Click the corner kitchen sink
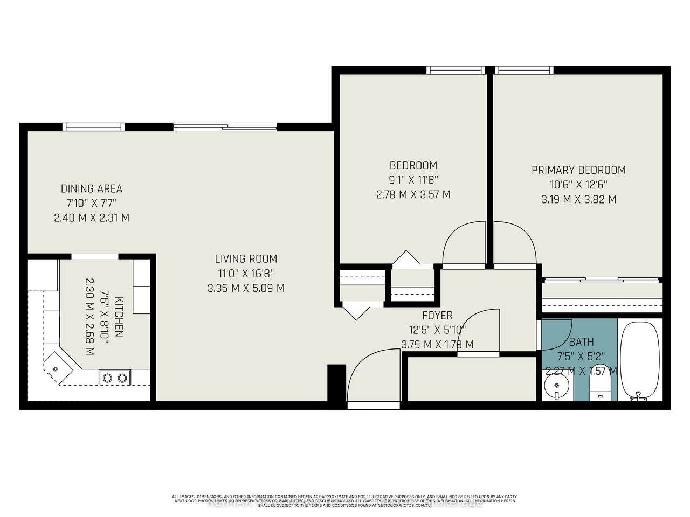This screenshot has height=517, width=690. coord(56,368)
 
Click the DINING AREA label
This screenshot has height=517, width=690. coord(92,188)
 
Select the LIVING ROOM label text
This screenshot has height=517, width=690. coord(246,259)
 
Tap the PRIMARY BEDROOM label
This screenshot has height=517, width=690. coord(578,170)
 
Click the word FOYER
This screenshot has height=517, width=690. coord(437,315)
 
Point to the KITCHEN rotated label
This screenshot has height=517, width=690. coord(119,316)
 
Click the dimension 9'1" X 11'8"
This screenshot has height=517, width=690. coord(413,180)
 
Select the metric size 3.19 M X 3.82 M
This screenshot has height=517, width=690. coord(578,199)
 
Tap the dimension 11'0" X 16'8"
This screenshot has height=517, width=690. coord(246,274)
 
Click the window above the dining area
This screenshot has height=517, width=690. coord(94,127)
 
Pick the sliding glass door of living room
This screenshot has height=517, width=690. coord(225,128)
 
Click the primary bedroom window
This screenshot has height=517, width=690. coord(524,70)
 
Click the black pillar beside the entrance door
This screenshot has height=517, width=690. coord(336,383)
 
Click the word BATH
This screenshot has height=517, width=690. coord(581,342)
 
